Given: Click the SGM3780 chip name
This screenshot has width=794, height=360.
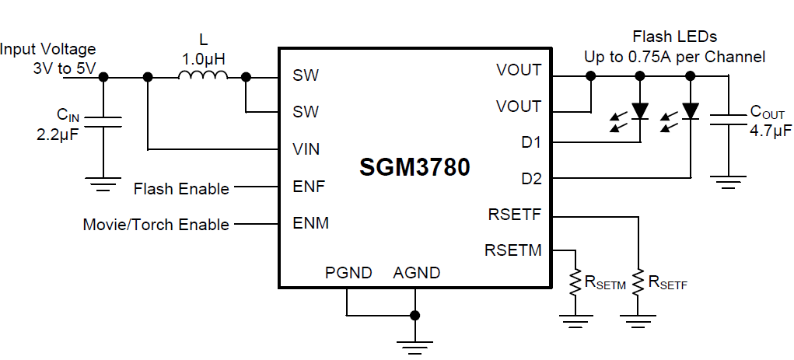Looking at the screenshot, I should pyautogui.click(x=414, y=167).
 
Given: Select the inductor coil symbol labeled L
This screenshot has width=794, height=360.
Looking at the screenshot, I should pyautogui.click(x=203, y=75).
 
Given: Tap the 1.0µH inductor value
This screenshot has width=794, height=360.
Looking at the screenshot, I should pyautogui.click(x=203, y=58).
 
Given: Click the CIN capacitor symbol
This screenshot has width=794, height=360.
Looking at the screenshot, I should pyautogui.click(x=103, y=121).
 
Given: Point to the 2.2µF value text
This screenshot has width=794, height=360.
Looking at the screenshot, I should pyautogui.click(x=58, y=134).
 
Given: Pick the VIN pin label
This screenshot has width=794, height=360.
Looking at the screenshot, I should pyautogui.click(x=306, y=149).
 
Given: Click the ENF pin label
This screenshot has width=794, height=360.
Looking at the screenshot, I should pyautogui.click(x=309, y=187).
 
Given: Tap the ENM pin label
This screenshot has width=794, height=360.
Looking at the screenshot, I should pyautogui.click(x=310, y=224).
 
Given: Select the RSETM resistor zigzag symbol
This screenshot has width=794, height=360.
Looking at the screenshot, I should pyautogui.click(x=575, y=281).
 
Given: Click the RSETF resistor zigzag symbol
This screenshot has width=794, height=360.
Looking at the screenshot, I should pyautogui.click(x=638, y=281).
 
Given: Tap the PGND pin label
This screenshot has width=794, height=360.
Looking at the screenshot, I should pyautogui.click(x=348, y=273).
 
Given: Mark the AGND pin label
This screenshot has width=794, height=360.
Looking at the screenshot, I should pyautogui.click(x=417, y=273).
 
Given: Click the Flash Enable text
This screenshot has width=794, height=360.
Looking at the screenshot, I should pyautogui.click(x=181, y=189).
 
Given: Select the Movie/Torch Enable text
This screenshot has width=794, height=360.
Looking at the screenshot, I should pyautogui.click(x=156, y=225).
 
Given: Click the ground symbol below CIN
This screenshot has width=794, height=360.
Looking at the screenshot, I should pyautogui.click(x=103, y=185).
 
